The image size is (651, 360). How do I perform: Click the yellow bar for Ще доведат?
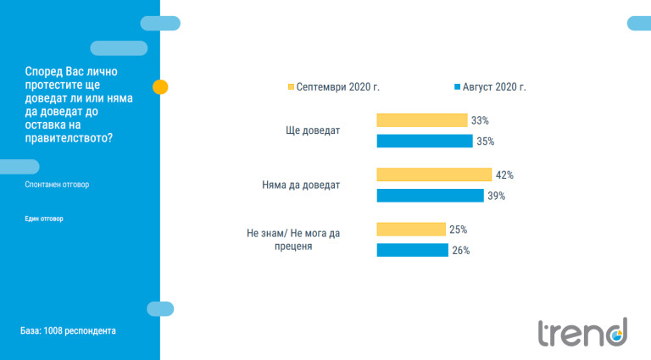421,120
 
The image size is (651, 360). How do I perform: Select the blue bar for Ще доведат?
424,141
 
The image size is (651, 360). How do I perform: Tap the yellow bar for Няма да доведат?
433,174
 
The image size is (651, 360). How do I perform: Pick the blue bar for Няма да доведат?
429,196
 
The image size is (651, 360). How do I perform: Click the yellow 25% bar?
410,230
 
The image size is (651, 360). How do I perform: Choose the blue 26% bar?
412,250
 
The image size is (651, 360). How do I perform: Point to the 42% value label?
505,175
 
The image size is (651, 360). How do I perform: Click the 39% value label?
497,196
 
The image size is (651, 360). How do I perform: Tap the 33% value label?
481,121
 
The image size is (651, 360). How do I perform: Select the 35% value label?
485,141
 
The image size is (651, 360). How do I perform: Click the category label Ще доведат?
314,131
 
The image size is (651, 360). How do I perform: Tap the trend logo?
582,332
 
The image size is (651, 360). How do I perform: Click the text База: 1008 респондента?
68,330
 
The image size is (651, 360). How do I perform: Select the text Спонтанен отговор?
57,185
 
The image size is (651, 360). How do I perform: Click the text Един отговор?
44,219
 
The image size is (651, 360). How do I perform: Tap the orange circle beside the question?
159,86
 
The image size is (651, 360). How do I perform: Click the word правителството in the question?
69,139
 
